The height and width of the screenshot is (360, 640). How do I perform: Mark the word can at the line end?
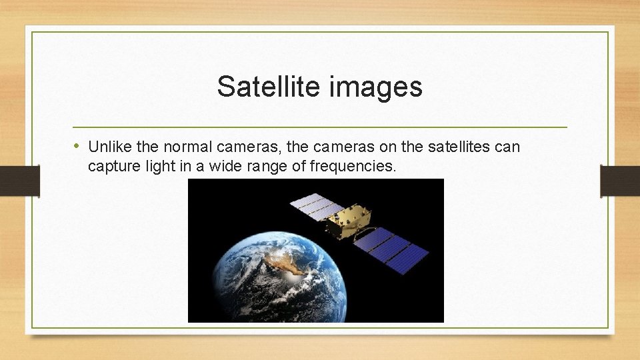(507, 146)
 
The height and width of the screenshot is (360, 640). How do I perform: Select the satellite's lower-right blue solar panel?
(391, 249)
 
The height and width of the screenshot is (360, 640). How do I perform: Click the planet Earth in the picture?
(267, 280)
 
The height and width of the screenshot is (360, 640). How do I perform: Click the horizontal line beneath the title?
(320, 127)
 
